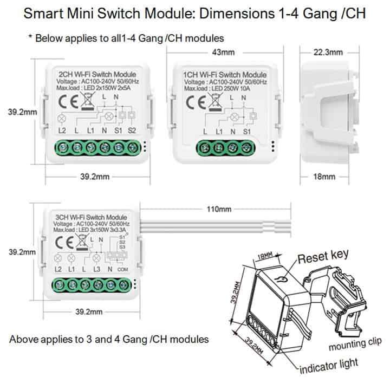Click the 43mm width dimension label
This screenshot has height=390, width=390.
pyautogui.click(x=220, y=53)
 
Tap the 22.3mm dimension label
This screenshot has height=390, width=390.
pyautogui.click(x=328, y=53)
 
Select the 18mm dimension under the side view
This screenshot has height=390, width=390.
pyautogui.click(x=324, y=177)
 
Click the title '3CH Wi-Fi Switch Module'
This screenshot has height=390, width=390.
pyautogui.click(x=92, y=217)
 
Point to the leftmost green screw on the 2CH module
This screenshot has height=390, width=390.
pyautogui.click(x=61, y=147)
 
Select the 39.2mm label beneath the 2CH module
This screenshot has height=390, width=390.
pyautogui.click(x=95, y=177)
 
